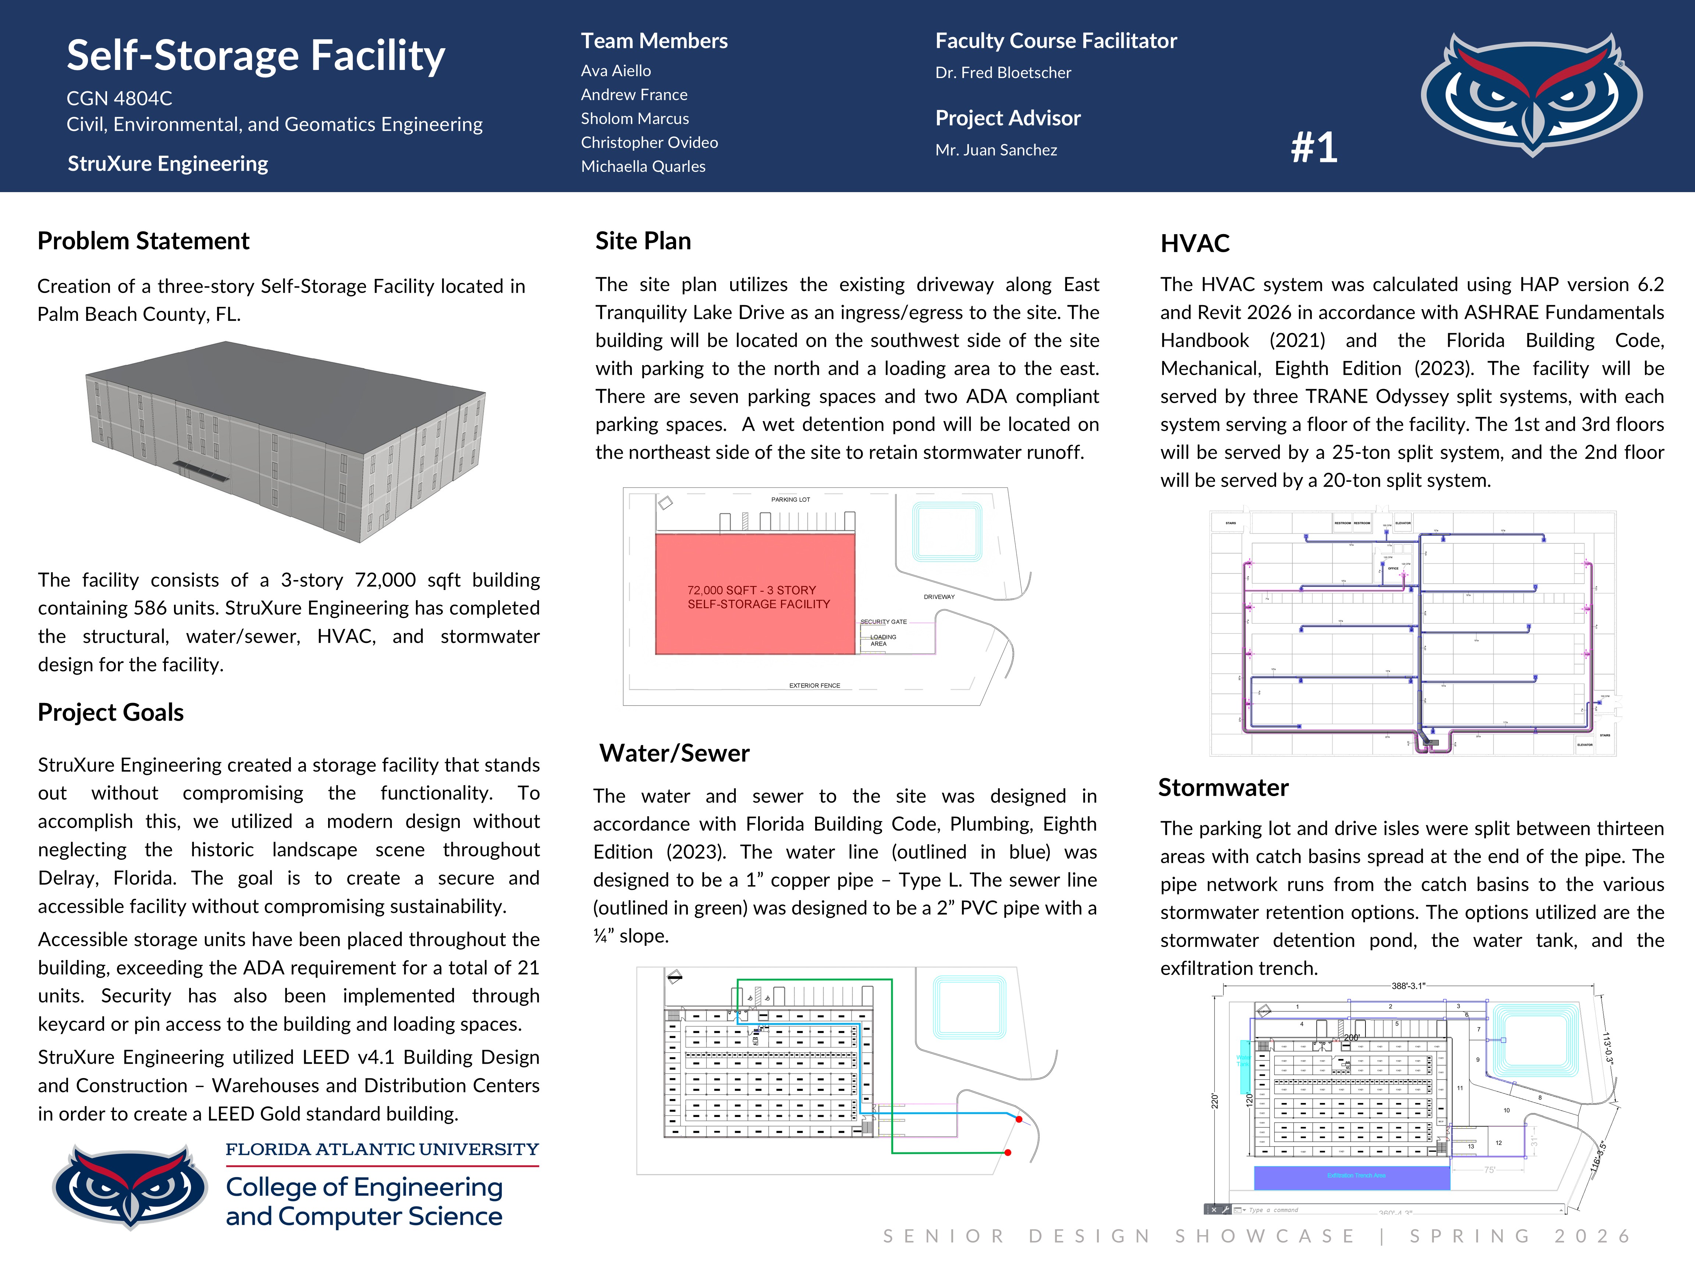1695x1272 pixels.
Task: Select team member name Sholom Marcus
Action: [x=635, y=119]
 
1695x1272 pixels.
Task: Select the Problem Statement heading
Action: [x=143, y=241]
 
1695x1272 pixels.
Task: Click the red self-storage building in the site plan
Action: [x=755, y=594]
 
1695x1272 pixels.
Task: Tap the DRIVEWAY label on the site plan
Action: [x=939, y=597]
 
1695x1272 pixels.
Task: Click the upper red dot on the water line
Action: [x=1019, y=1119]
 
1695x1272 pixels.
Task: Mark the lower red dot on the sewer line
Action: [x=1008, y=1152]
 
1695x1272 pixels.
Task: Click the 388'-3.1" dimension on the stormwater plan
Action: [x=1408, y=986]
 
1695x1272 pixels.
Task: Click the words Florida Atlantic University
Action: [x=381, y=1149]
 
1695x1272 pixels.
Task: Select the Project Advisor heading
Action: [x=1008, y=118]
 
